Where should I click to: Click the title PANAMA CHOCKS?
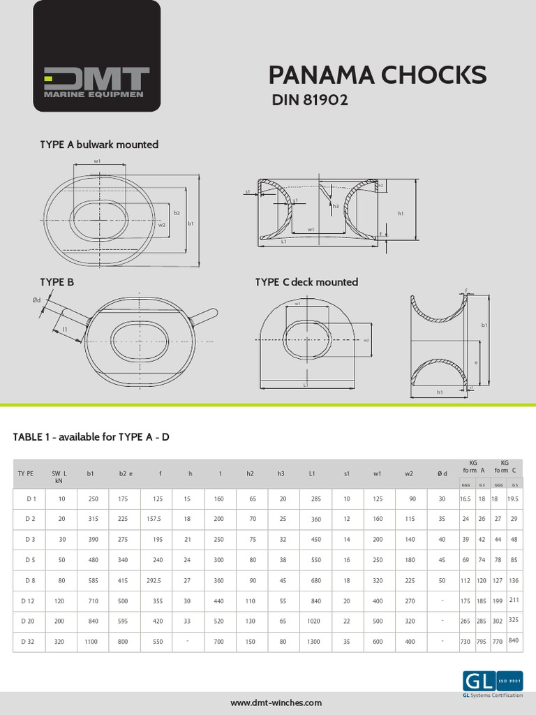(x=378, y=75)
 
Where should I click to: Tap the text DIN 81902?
(x=309, y=101)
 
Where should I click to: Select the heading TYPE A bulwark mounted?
(x=99, y=145)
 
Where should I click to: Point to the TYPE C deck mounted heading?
(x=306, y=282)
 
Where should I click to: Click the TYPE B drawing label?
(x=57, y=282)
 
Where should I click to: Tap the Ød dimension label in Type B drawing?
(x=37, y=301)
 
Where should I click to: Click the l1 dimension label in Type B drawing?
(x=64, y=328)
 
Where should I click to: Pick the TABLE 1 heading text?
(x=91, y=437)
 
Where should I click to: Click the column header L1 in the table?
(x=313, y=473)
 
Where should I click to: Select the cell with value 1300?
(x=314, y=641)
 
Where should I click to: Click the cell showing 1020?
(x=314, y=621)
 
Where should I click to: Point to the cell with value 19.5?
(x=515, y=499)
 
